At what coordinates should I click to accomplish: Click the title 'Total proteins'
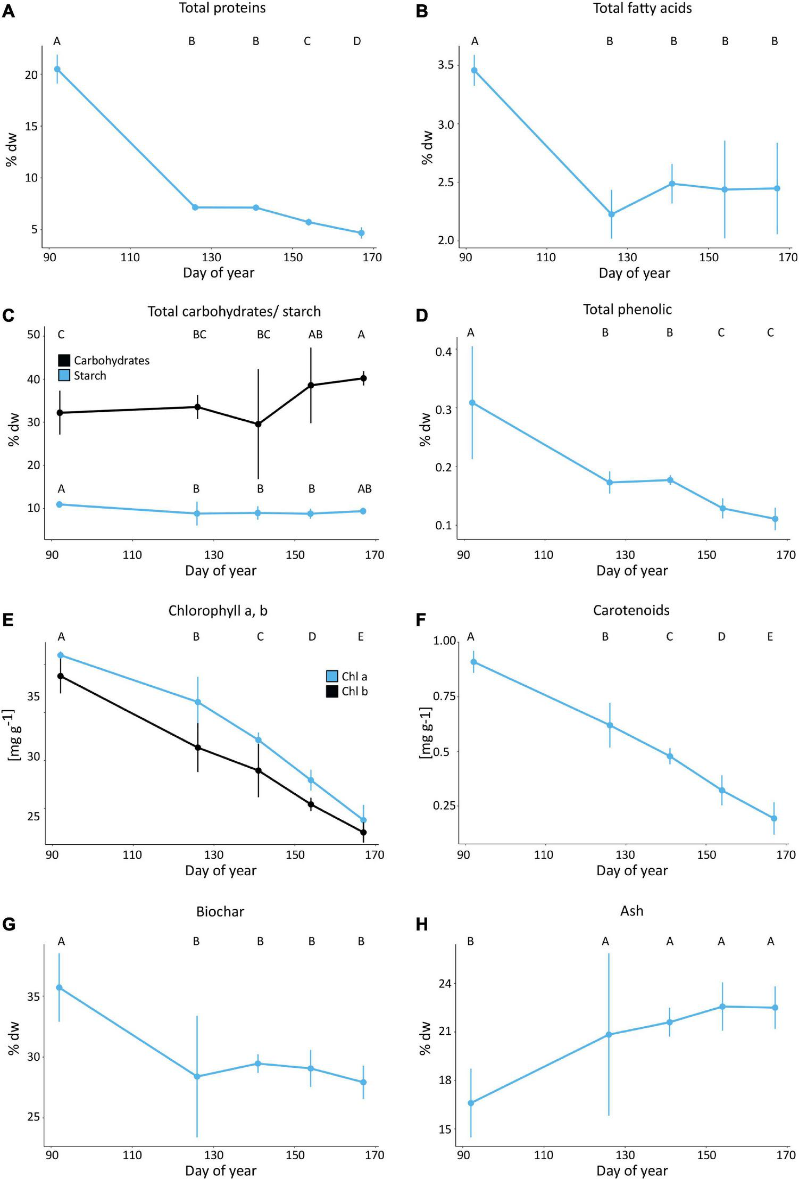click(x=222, y=8)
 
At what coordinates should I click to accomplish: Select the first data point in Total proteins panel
click(x=57, y=69)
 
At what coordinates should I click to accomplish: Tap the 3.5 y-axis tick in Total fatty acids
click(x=446, y=65)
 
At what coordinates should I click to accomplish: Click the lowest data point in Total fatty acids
click(x=611, y=214)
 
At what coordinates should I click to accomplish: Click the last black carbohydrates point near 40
click(x=363, y=379)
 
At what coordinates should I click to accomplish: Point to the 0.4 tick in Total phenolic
click(x=443, y=351)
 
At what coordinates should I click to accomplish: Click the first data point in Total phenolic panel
click(x=472, y=403)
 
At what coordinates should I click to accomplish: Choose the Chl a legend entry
click(x=347, y=676)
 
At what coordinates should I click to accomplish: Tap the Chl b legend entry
click(x=347, y=692)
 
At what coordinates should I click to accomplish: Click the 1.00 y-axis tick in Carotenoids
click(x=445, y=641)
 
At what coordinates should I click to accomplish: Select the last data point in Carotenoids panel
click(x=774, y=818)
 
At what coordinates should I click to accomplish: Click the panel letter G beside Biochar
click(x=9, y=925)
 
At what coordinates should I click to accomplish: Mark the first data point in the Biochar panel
click(x=60, y=987)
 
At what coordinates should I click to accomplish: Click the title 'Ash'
click(x=631, y=911)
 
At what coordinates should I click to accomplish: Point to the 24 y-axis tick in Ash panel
click(x=444, y=984)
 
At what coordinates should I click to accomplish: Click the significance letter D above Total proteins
click(x=357, y=41)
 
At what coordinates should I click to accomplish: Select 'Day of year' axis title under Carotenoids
click(x=631, y=870)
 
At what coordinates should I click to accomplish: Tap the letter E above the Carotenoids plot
click(x=770, y=637)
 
